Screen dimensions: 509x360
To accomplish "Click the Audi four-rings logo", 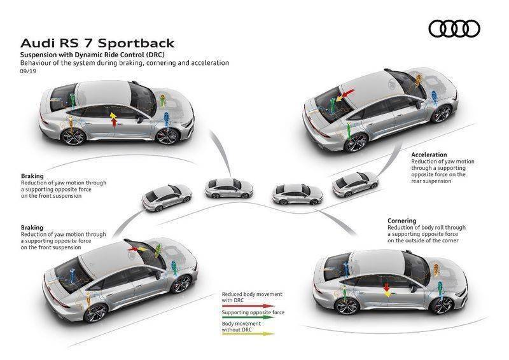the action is click(x=454, y=29).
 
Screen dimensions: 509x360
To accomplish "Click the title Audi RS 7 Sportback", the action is click(x=97, y=43).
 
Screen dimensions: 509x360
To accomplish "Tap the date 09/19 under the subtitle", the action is click(x=28, y=71).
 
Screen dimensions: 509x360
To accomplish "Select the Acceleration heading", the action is click(x=429, y=155).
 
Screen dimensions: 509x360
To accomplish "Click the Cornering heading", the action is click(x=402, y=221).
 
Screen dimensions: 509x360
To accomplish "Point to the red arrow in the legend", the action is click(x=248, y=306).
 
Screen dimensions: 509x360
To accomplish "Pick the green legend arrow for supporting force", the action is click(x=248, y=317).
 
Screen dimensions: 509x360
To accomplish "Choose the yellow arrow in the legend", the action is click(x=248, y=333).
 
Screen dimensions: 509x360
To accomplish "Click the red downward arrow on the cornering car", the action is click(x=386, y=287).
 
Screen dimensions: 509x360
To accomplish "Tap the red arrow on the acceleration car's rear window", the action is click(x=347, y=93).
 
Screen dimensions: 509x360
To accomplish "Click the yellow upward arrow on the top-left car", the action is click(x=113, y=116).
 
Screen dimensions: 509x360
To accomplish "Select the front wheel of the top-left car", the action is click(x=167, y=137).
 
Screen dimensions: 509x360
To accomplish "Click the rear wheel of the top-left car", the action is click(x=73, y=137).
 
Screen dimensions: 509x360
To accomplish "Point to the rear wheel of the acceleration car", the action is click(x=356, y=142).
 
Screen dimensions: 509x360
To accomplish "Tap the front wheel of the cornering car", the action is click(x=442, y=305).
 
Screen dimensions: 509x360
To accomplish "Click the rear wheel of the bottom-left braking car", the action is click(x=95, y=313).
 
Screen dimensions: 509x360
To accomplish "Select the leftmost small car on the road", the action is click(x=167, y=198).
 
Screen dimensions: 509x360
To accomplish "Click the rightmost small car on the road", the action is click(x=355, y=184).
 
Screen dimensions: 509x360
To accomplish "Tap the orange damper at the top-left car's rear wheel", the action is click(x=71, y=123).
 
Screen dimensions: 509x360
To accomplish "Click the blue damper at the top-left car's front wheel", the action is click(x=166, y=120).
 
